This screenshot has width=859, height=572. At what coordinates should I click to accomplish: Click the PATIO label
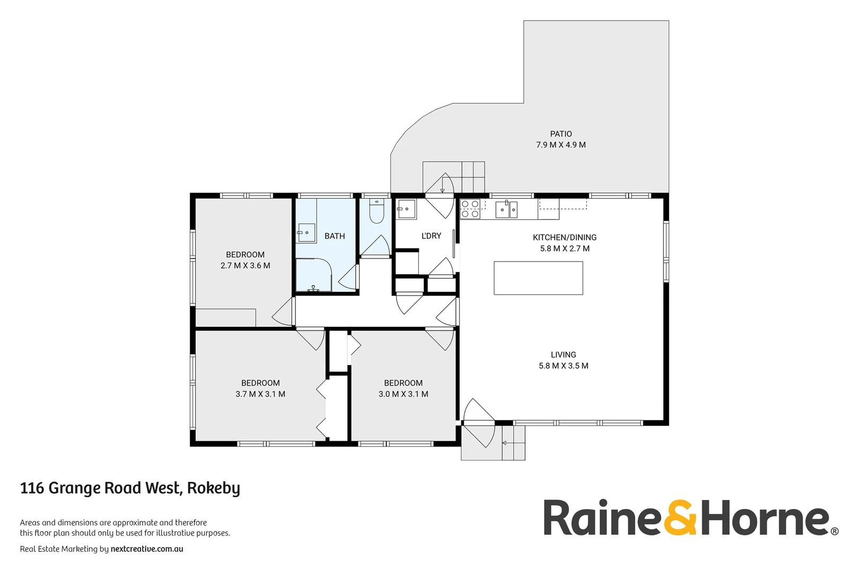point(560,134)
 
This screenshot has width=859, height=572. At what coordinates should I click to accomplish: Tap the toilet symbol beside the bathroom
point(376,211)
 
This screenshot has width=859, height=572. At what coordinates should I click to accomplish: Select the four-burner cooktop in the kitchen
point(470,209)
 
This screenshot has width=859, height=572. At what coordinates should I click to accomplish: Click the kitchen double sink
point(506,209)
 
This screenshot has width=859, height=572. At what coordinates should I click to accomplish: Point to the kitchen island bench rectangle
point(538,278)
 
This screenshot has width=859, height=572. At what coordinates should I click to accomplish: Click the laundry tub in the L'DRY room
point(407,209)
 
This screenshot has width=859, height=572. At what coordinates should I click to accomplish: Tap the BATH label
point(335,236)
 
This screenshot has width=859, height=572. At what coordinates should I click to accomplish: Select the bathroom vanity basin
point(306,233)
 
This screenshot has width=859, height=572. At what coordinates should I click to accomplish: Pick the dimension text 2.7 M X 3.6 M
point(245,266)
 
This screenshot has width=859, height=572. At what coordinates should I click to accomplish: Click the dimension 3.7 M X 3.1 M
point(260,394)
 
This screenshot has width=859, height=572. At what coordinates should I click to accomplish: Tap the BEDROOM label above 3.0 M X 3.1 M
point(403,383)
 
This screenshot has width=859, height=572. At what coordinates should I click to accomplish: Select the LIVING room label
point(563,355)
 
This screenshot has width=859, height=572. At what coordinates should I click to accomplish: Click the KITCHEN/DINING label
point(564,237)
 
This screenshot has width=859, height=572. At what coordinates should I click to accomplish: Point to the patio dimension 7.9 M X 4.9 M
point(560,145)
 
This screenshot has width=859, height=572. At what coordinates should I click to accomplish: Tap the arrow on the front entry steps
point(505,443)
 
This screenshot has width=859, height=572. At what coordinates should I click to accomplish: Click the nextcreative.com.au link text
point(147,549)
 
